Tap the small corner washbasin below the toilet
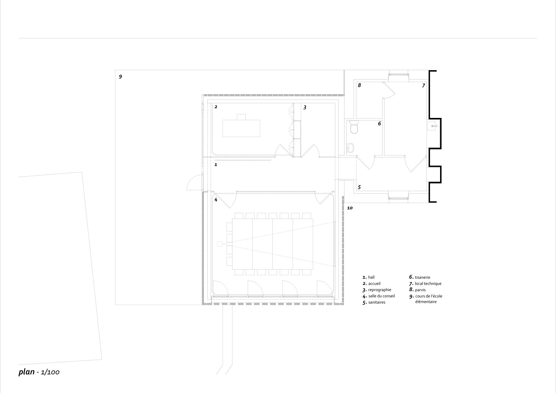[351, 148]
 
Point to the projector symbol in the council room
[220, 244]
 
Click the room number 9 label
[120, 77]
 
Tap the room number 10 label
[350, 208]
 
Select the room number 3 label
[305, 107]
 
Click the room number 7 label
[423, 86]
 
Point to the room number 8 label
[359, 85]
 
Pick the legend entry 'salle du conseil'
[381, 296]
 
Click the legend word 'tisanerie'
[423, 277]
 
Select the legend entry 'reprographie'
[380, 290]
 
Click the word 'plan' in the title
[26, 372]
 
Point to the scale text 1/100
[50, 372]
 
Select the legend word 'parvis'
[420, 290]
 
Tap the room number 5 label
[359, 187]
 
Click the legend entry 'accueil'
[374, 283]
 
